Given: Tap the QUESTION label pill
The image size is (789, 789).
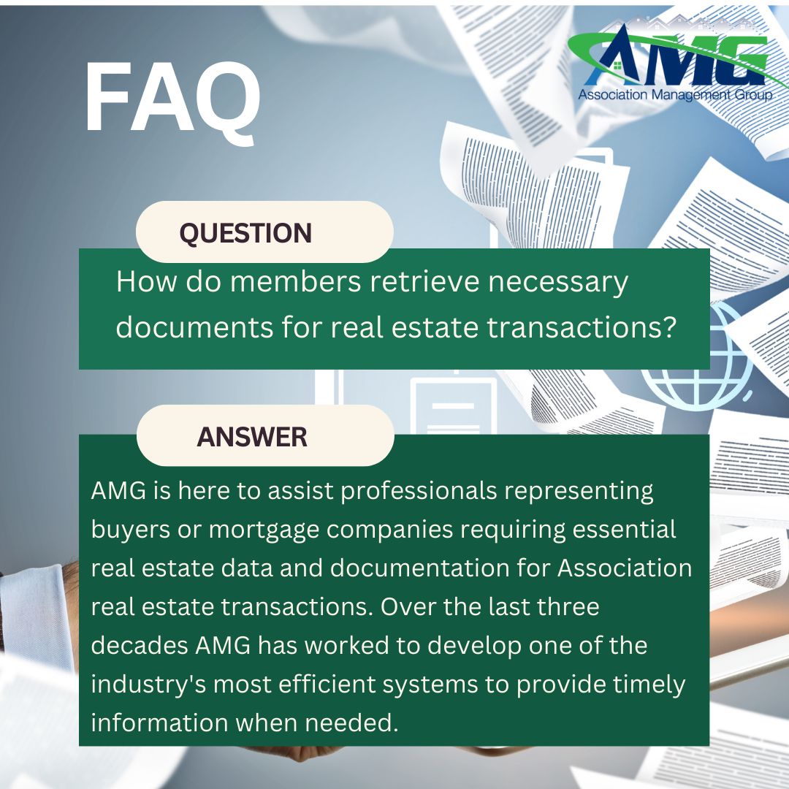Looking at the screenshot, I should [245, 233].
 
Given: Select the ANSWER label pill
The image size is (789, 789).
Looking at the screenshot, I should [252, 437].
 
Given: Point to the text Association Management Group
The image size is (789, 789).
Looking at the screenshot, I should [674, 95].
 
